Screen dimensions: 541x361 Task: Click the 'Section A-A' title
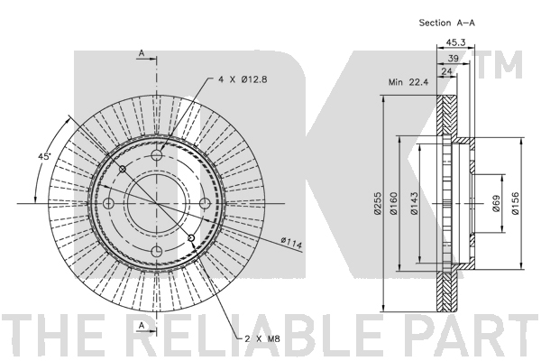447,23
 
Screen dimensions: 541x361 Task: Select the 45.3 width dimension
455,42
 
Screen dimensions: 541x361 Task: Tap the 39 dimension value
453,59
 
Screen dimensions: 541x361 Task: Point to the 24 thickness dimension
446,71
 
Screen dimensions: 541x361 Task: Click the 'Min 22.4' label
408,82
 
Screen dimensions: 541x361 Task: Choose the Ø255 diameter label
378,203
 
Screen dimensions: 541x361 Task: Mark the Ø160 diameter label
394,203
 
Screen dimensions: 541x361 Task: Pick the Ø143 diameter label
414,203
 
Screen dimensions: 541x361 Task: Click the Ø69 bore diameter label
496,203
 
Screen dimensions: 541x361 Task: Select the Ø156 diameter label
515,203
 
